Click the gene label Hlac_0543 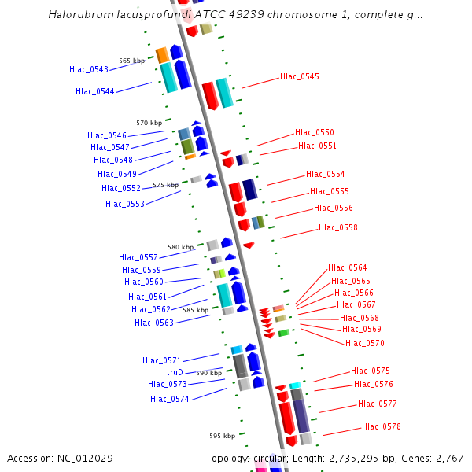[x=89, y=70]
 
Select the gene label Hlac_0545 [x=300, y=77]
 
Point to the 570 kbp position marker [x=149, y=124]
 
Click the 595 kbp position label [x=222, y=436]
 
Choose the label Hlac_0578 [x=382, y=427]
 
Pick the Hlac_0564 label [x=348, y=268]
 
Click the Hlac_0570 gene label [x=365, y=343]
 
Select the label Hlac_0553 [x=125, y=205]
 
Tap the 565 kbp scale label [x=131, y=61]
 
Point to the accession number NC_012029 [x=85, y=459]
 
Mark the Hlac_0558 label [x=338, y=228]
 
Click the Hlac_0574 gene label [x=170, y=400]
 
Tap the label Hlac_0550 [x=315, y=133]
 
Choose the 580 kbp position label [x=180, y=247]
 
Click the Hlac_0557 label [x=138, y=258]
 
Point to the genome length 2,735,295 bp [x=351, y=459]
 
